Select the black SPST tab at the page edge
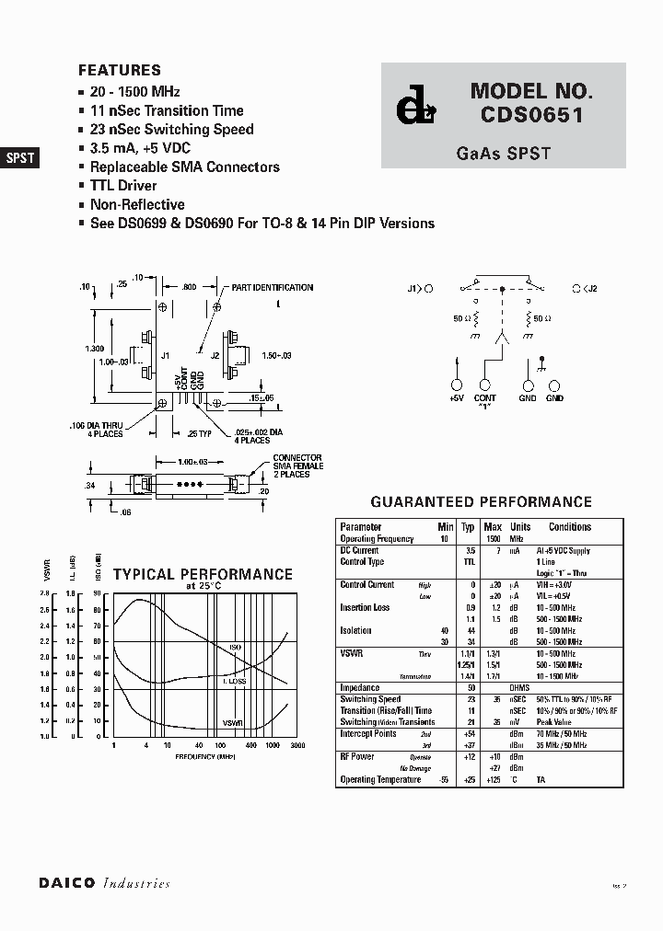point(20,157)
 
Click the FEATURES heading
point(120,70)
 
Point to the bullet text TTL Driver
point(123,186)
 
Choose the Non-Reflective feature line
point(137,204)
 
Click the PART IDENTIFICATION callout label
point(272,288)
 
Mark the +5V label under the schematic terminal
point(456,397)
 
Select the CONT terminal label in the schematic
point(485,397)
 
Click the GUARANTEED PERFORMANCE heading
point(481,502)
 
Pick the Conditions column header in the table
point(570,527)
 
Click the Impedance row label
point(359,687)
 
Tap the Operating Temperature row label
point(380,779)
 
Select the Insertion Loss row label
point(365,607)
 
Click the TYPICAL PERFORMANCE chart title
point(203,575)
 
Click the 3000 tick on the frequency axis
point(297,745)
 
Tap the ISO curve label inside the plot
point(236,649)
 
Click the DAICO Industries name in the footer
point(104,883)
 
